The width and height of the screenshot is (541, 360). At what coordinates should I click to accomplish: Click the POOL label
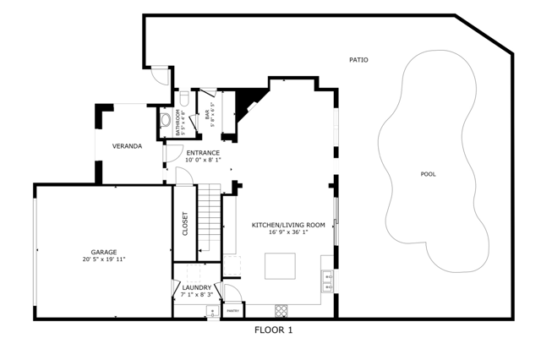pos(429,174)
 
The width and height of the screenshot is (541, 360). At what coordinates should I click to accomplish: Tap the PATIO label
pos(359,60)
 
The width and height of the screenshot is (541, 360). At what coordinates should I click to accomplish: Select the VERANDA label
pos(127,146)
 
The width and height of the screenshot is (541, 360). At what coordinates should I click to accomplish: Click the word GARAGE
pos(104,252)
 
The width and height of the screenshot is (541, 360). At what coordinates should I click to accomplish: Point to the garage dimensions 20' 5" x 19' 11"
pos(104,259)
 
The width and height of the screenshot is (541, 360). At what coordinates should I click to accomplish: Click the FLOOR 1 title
pos(273,330)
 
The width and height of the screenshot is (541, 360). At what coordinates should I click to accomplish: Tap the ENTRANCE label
pos(203,153)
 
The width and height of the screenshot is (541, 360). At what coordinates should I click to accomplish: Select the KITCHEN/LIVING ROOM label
pos(288,225)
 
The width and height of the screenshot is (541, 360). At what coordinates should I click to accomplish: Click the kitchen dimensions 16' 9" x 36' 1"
pos(288,232)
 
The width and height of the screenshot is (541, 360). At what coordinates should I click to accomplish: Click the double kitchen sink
pos(327,276)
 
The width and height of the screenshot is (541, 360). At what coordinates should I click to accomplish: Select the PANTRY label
pos(233,311)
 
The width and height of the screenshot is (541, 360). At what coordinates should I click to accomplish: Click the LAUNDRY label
pos(196,288)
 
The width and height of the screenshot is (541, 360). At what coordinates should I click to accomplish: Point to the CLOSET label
pos(185,223)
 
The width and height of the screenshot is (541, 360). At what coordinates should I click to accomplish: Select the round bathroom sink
pos(165,120)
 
